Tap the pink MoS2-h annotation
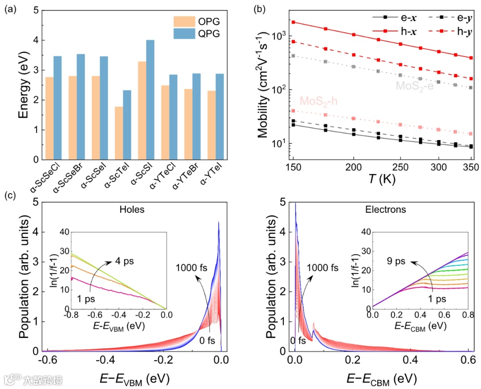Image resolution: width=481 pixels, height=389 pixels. [x=318, y=101]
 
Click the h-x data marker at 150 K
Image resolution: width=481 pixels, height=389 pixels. [x=293, y=22]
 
